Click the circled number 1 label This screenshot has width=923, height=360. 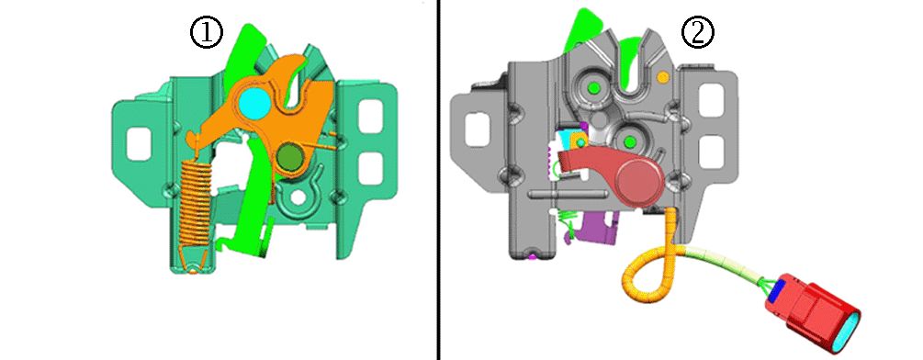tap(206, 32)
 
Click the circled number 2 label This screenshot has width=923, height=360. tap(698, 32)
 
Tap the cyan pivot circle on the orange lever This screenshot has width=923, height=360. tap(254, 102)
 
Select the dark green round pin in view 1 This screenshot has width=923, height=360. tap(289, 156)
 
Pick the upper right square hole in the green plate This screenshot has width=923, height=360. tap(370, 116)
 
